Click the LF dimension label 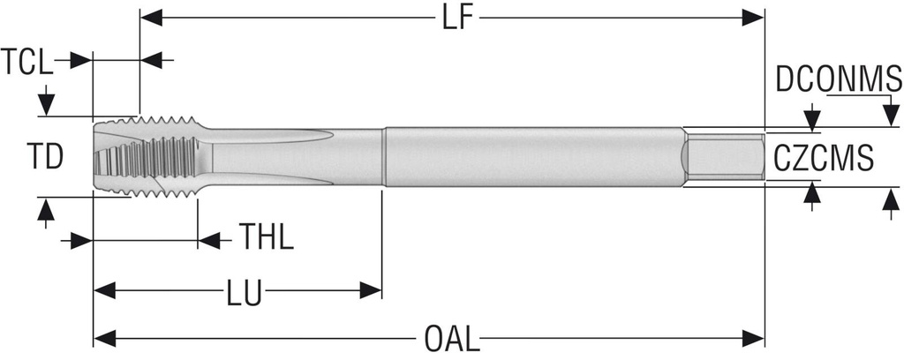coord(458,18)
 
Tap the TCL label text coord(26,62)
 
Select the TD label coord(45,157)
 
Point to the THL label coord(267,236)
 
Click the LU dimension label coord(244,293)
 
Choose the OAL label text coord(452,339)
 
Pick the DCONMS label coord(839,79)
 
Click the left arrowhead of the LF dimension coord(152,18)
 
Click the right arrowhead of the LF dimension coord(753,18)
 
